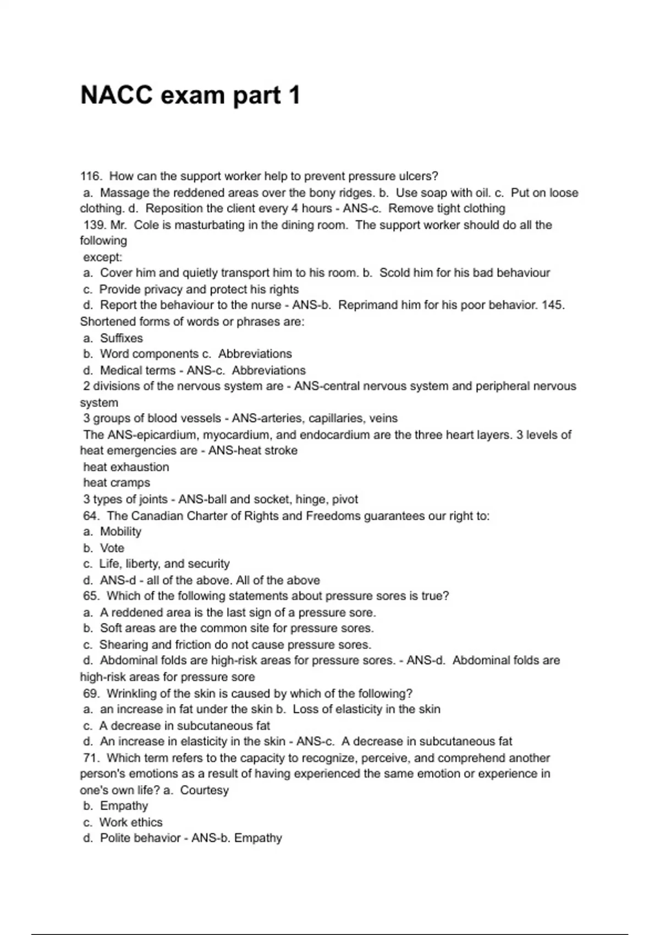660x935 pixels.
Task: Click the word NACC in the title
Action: pyautogui.click(x=117, y=95)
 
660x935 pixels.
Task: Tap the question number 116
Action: pyautogui.click(x=91, y=177)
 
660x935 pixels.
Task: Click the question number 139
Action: pyautogui.click(x=95, y=225)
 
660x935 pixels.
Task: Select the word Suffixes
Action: pyautogui.click(x=121, y=338)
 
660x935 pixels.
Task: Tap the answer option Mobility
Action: pyautogui.click(x=120, y=532)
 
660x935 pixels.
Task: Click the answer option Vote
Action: pyautogui.click(x=112, y=548)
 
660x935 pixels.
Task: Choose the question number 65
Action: pyautogui.click(x=91, y=596)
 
